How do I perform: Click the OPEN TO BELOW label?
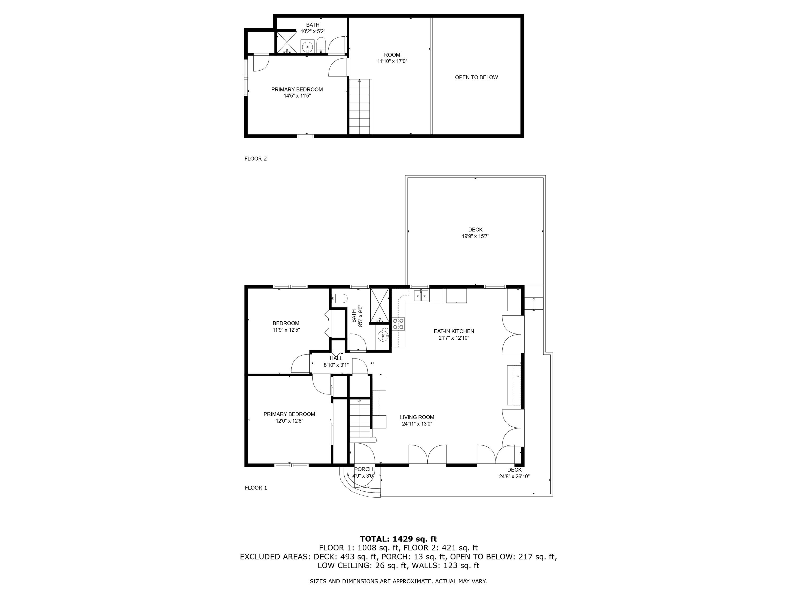(x=476, y=77)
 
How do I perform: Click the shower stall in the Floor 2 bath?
(x=287, y=43)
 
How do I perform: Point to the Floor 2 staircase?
(x=360, y=107)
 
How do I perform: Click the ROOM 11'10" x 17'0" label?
(x=392, y=58)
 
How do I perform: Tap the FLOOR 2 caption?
(x=256, y=159)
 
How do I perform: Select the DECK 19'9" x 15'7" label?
(x=475, y=233)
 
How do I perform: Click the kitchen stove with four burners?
(x=398, y=323)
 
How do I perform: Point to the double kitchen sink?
(x=421, y=296)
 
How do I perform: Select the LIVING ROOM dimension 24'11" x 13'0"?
(x=417, y=424)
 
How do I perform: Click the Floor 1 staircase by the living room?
(x=360, y=420)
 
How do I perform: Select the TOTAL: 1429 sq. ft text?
(x=398, y=539)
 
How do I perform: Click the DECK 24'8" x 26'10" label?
(x=514, y=473)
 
